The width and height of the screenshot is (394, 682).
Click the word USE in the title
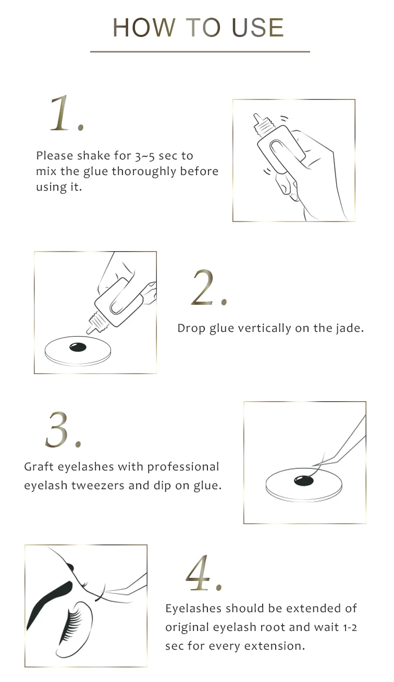click(258, 28)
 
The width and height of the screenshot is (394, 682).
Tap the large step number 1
click(63, 114)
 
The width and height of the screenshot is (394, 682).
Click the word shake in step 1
click(95, 156)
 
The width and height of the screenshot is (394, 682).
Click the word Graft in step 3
click(39, 467)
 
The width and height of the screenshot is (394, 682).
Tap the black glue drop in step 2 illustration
click(78, 346)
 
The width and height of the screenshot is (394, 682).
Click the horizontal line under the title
click(200, 52)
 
